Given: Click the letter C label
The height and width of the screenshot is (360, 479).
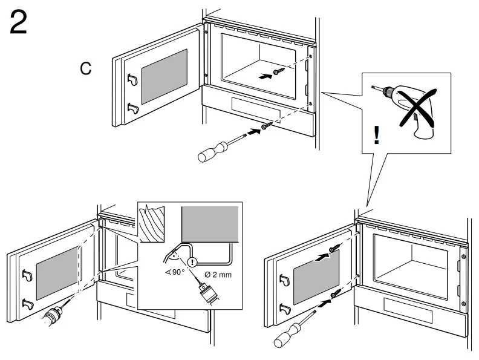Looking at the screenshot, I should pos(86,68).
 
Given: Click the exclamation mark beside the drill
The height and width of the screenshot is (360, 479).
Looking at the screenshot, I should pos(377,135).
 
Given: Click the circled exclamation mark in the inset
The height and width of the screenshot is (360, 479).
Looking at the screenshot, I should pos(192,263).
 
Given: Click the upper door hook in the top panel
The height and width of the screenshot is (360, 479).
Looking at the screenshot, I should pos(132,78).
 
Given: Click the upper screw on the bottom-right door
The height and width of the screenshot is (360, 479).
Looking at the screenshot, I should pos(334,249).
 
